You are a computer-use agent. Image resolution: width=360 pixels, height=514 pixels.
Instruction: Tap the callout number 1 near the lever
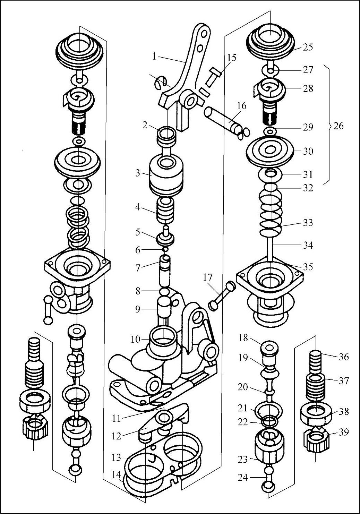[x=154, y=56]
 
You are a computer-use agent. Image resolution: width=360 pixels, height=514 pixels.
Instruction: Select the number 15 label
[x=232, y=58]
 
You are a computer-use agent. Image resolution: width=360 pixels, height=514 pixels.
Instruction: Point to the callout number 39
[x=343, y=432]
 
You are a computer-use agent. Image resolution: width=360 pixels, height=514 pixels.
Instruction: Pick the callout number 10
[x=135, y=340]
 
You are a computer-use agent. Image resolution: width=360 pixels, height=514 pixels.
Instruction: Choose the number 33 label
[x=308, y=222]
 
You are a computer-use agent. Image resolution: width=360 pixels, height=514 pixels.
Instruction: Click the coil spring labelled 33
[x=271, y=213]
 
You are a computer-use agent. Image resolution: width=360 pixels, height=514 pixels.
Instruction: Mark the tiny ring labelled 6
[x=165, y=249]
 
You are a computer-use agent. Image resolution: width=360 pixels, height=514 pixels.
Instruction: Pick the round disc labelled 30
[x=270, y=151]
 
